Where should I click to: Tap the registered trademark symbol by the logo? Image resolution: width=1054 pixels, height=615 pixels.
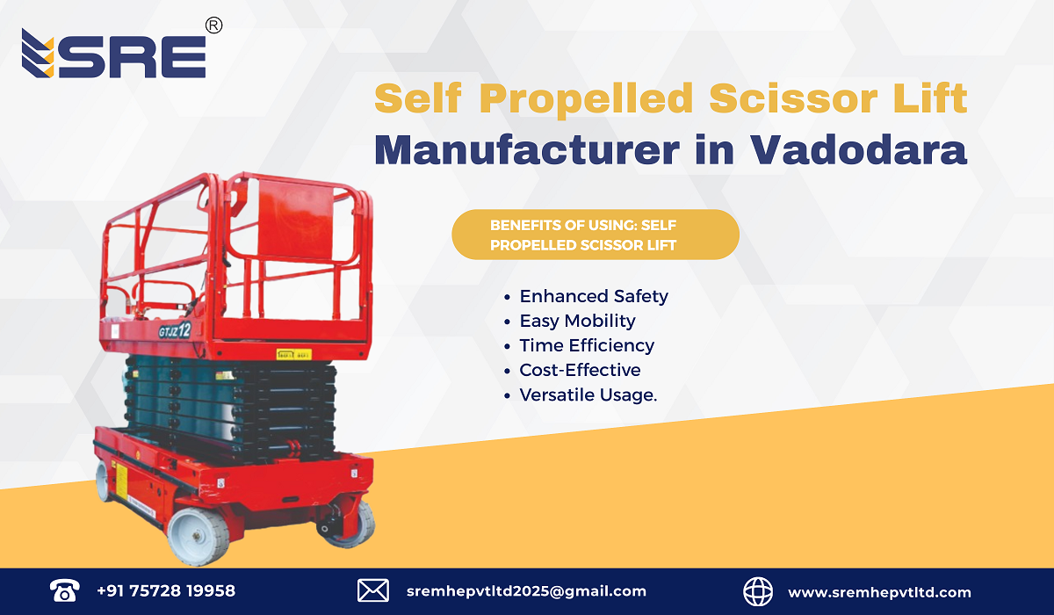[213, 26]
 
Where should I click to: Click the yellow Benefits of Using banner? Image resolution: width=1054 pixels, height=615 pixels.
[595, 235]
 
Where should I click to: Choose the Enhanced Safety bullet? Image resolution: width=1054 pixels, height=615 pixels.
[593, 296]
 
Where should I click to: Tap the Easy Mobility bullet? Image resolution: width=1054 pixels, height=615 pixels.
[577, 321]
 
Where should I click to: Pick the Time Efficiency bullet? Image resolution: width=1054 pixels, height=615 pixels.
[586, 345]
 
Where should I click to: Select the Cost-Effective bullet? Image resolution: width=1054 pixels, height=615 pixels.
[580, 370]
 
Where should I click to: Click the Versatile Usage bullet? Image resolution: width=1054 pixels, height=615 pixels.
[588, 395]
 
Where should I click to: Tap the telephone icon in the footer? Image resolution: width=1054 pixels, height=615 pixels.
[64, 591]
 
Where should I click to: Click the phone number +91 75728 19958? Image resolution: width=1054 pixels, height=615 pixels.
[166, 591]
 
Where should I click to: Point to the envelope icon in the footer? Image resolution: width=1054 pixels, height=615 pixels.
[372, 591]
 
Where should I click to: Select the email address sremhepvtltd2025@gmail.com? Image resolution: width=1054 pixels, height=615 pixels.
[526, 591]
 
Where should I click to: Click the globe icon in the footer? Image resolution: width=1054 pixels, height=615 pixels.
[758, 591]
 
